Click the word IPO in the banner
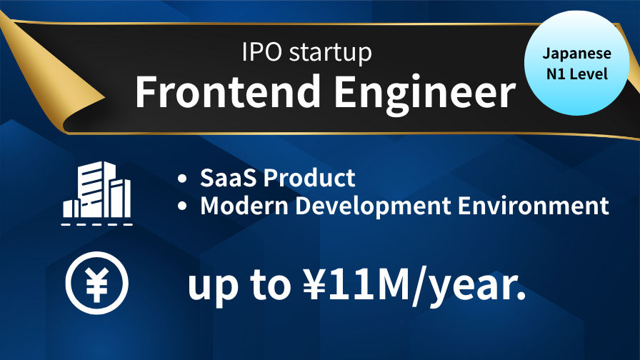(x=261, y=52)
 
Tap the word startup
(x=331, y=54)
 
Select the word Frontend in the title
(x=228, y=91)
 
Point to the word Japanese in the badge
(x=576, y=54)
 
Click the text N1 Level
(x=577, y=74)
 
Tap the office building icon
(x=96, y=189)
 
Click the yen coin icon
(x=96, y=283)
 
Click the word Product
(x=309, y=178)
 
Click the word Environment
(x=534, y=205)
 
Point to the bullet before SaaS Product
(x=182, y=179)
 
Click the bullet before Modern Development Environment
(x=182, y=206)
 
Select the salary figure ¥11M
(x=356, y=284)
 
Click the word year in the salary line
(x=472, y=287)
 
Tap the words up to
(x=239, y=286)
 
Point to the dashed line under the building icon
(x=96, y=224)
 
